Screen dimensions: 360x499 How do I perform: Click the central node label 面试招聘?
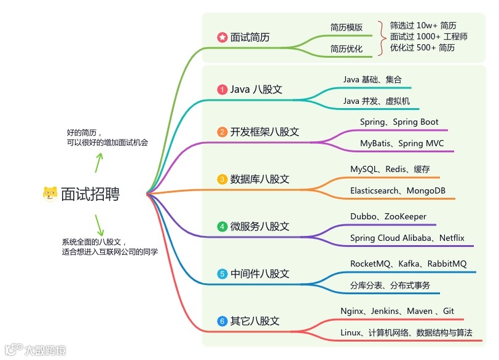pyautogui.click(x=90, y=194)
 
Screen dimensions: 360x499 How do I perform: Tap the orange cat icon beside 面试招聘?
pyautogui.click(x=50, y=194)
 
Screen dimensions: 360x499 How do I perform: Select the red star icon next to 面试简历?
pyautogui.click(x=222, y=37)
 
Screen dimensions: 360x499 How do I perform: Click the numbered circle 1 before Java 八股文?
pyautogui.click(x=222, y=90)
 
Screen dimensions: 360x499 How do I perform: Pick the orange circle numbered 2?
pyautogui.click(x=222, y=132)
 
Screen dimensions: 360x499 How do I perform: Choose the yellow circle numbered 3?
pyautogui.click(x=222, y=179)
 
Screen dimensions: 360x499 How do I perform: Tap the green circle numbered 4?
pyautogui.click(x=222, y=227)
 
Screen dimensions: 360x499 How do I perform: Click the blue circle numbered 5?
pyautogui.click(x=222, y=274)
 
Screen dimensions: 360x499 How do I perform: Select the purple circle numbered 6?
pyautogui.click(x=222, y=321)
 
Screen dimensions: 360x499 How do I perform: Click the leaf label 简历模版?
pyautogui.click(x=347, y=28)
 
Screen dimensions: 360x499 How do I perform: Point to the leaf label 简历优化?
pyautogui.click(x=347, y=49)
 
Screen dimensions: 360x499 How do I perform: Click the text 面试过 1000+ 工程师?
pyautogui.click(x=429, y=37)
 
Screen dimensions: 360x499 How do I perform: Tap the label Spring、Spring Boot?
pyautogui.click(x=399, y=122)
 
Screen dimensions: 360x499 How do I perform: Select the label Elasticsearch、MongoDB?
pyautogui.click(x=398, y=190)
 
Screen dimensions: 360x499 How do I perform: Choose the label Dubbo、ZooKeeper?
pyautogui.click(x=388, y=217)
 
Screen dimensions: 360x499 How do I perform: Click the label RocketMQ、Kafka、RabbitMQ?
pyautogui.click(x=408, y=264)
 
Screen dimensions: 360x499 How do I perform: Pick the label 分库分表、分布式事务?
pyautogui.click(x=390, y=286)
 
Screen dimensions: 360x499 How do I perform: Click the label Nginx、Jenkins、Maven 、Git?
pyautogui.click(x=397, y=311)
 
